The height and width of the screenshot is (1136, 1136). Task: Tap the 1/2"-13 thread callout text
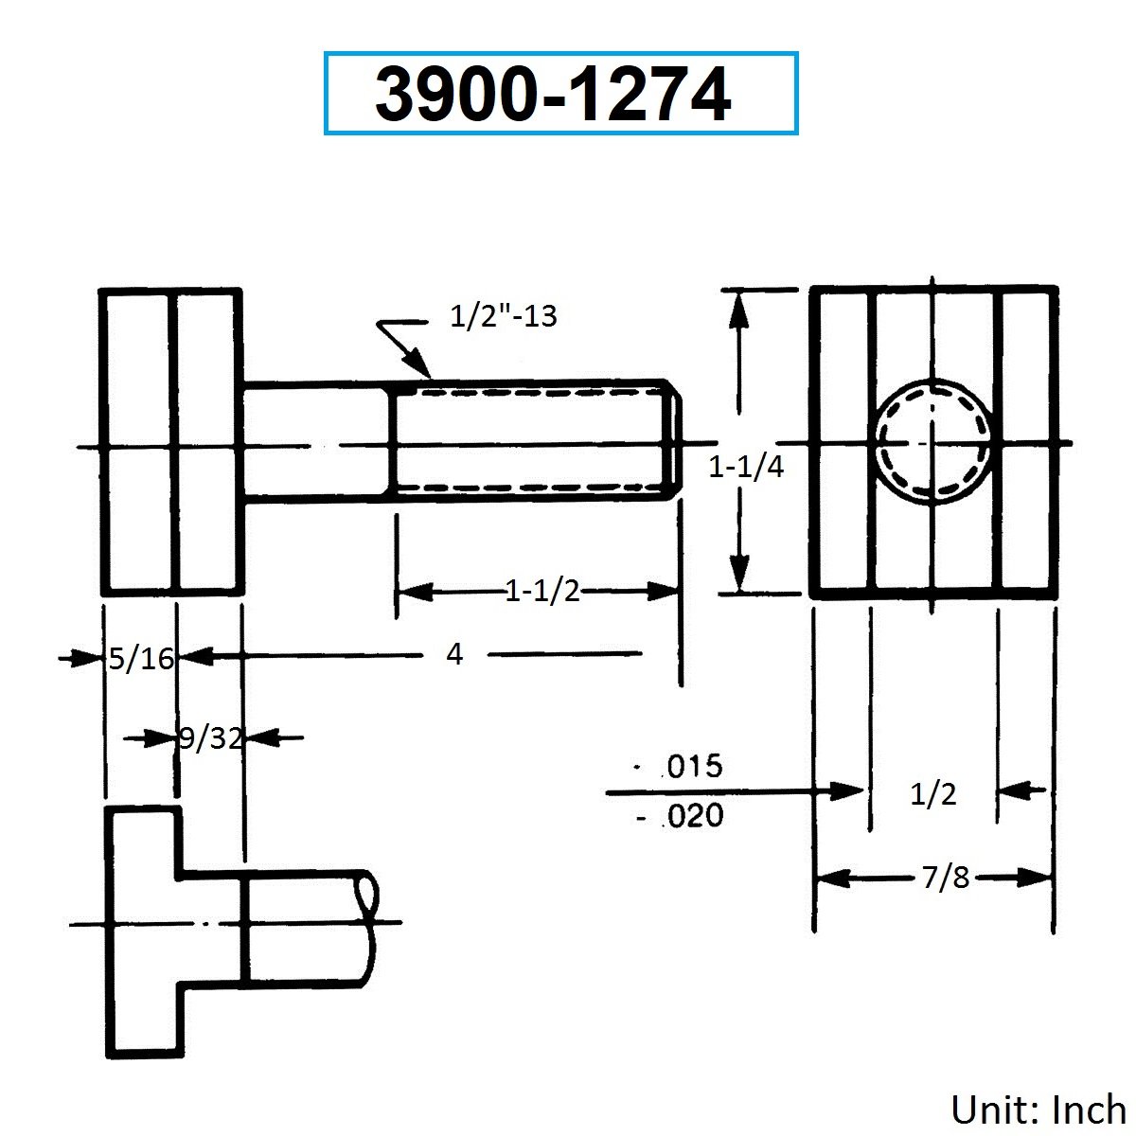503,316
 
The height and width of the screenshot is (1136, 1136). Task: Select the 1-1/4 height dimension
746,468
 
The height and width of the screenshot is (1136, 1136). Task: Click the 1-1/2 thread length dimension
542,591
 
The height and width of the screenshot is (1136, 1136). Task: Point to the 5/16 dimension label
141,659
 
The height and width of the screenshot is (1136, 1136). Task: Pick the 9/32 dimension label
210,738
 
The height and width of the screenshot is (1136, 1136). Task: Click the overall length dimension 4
454,654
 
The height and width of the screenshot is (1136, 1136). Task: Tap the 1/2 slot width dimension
933,794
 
